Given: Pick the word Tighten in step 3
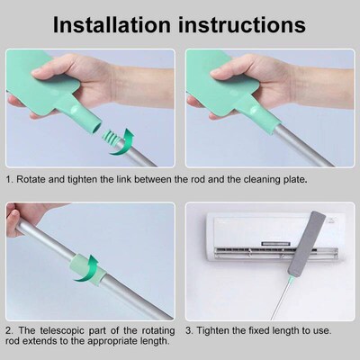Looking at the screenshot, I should coord(216,330).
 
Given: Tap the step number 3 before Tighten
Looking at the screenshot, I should coord(188,330).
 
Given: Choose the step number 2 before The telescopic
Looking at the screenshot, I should coord(9,330).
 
